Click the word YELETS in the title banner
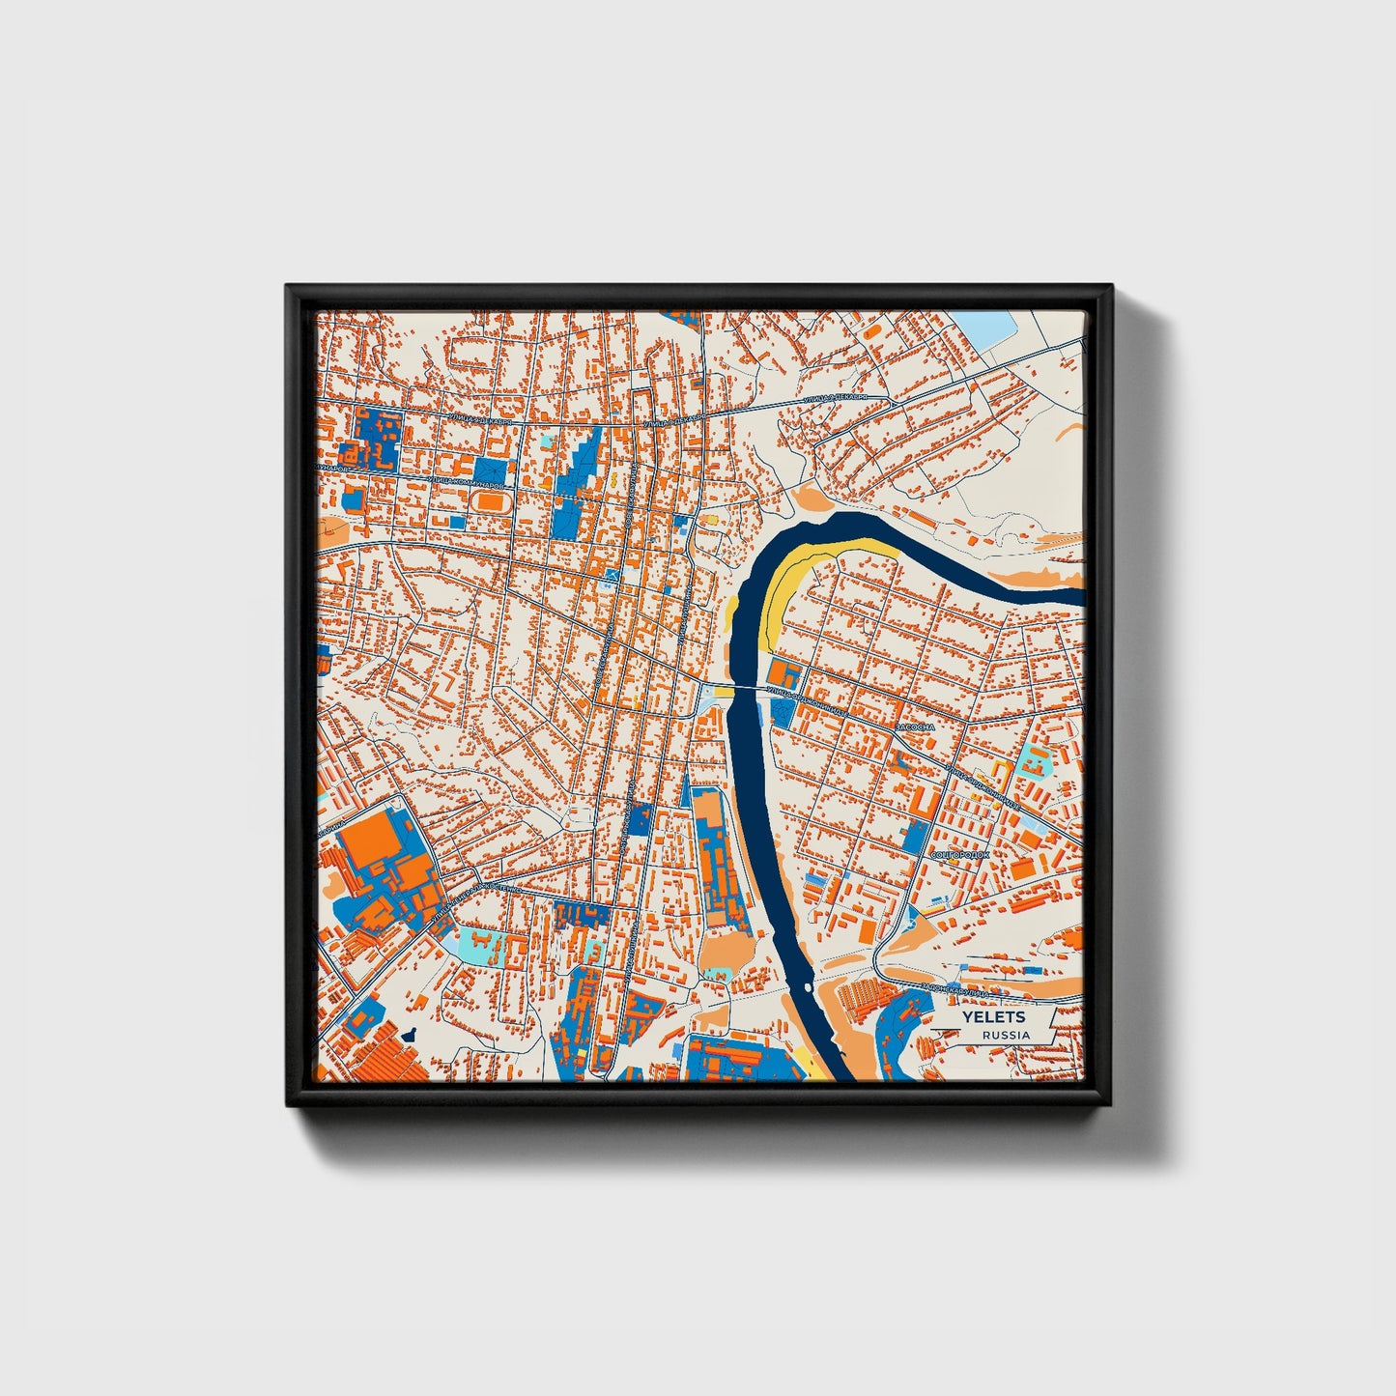point(993,1017)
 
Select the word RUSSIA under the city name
point(1005,1035)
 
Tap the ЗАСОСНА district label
point(914,726)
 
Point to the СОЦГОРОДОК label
point(959,855)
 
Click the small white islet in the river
point(804,988)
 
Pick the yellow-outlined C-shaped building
point(1001,769)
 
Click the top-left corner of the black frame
point(289,288)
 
